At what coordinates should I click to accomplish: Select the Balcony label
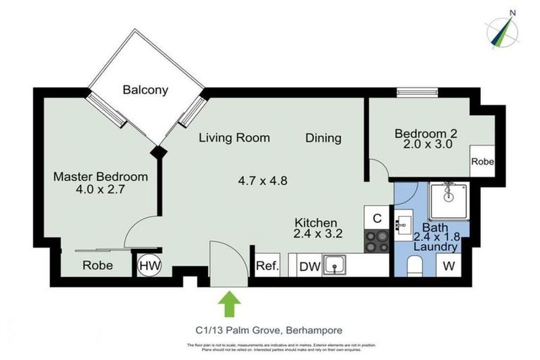pos(146,90)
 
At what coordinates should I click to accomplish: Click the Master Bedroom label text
pos(101,176)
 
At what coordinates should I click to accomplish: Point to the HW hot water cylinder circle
pos(148,265)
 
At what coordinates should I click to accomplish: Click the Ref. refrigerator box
pos(267,266)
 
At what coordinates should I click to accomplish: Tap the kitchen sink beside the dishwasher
pos(336,265)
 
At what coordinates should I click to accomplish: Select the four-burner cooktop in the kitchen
pos(378,241)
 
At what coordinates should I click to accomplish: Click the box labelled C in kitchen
pos(378,219)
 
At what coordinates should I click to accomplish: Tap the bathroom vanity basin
pos(404,225)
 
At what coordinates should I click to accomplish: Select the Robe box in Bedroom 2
pos(482,161)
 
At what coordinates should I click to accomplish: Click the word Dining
pos(323,138)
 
